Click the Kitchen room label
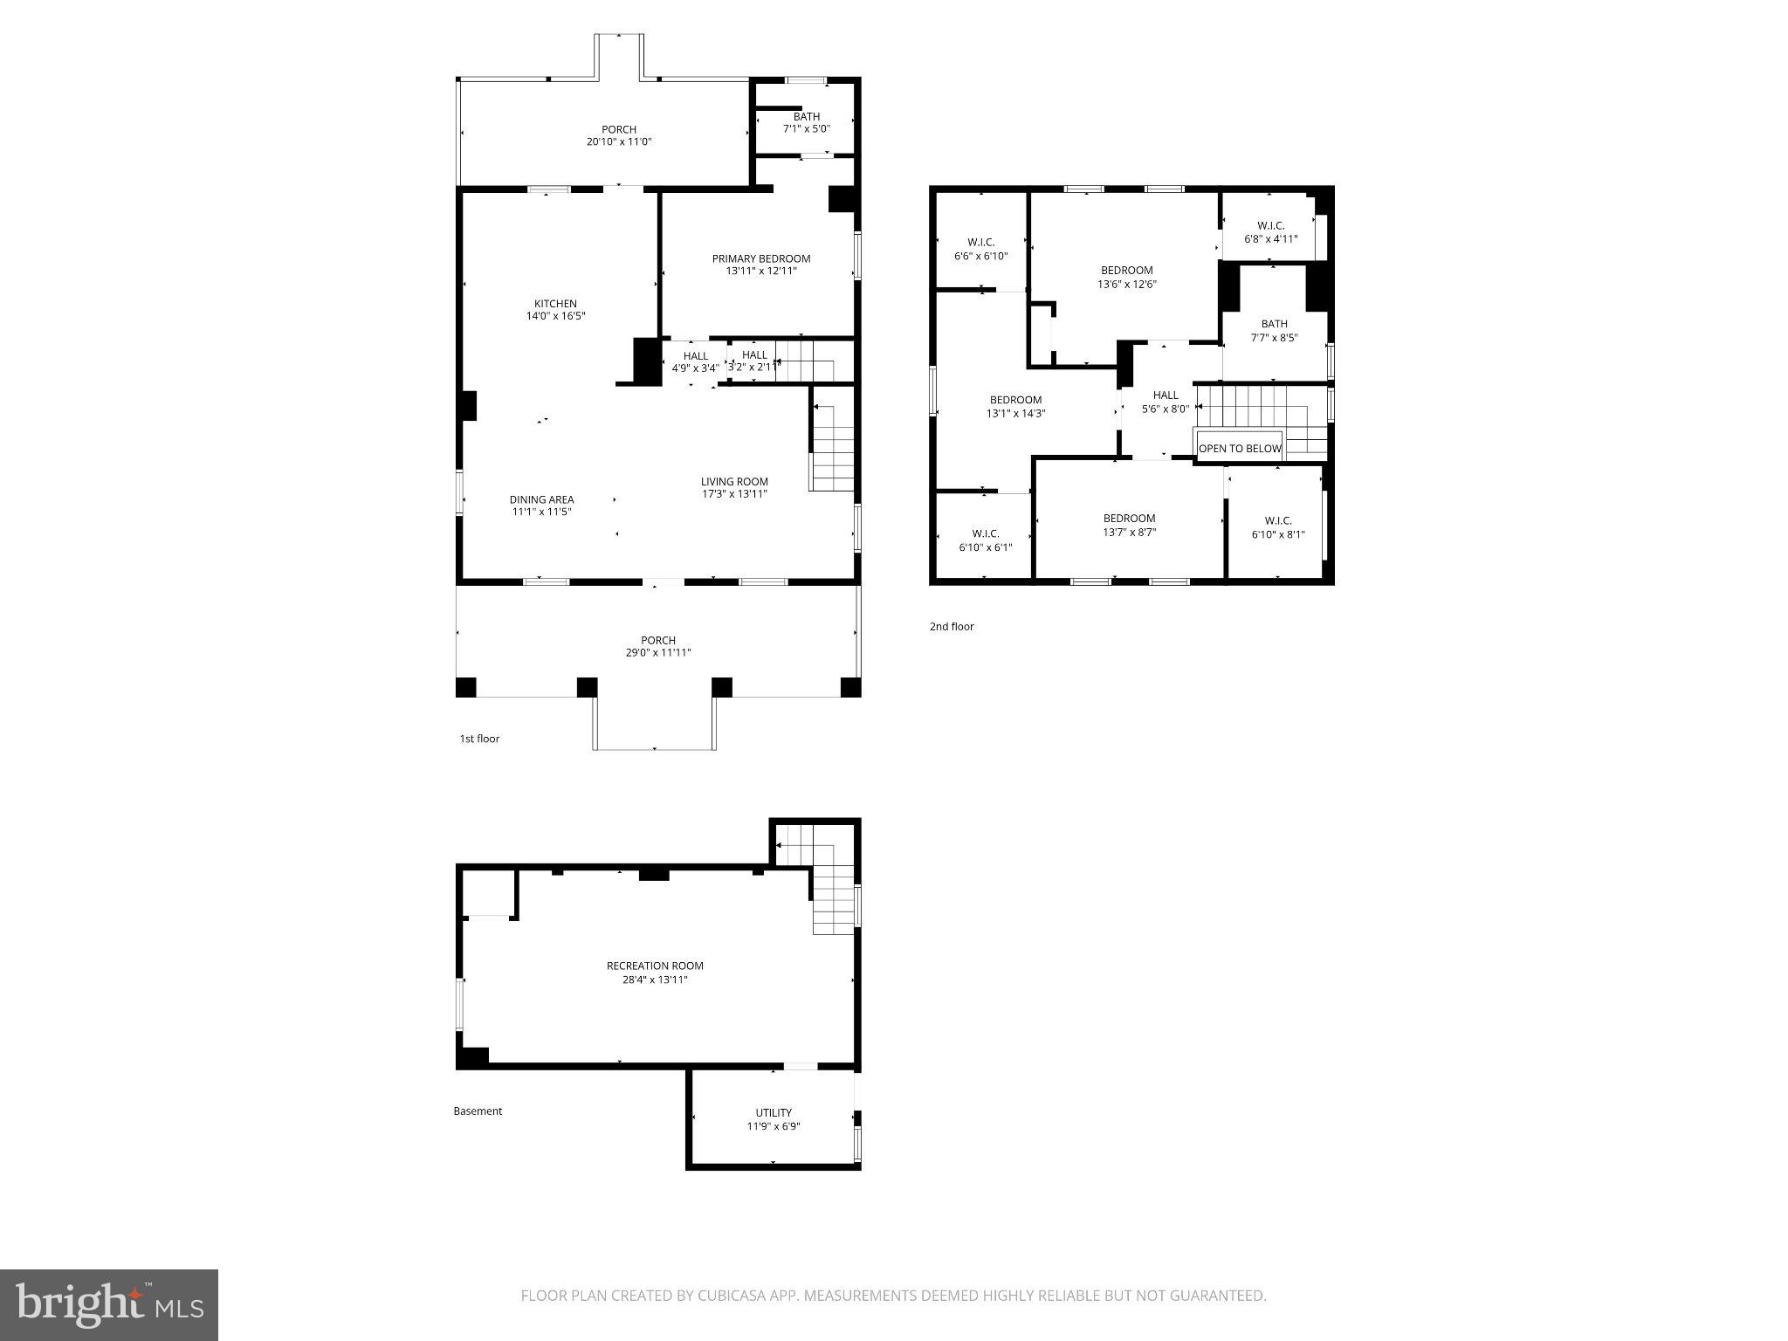coord(555,304)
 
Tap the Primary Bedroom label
coord(760,258)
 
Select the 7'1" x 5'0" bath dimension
coord(806,129)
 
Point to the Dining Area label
coord(541,499)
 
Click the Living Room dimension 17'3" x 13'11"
coord(734,494)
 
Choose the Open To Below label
coord(1239,449)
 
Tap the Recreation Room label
coord(655,966)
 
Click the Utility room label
coord(774,1112)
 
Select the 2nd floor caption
coord(951,627)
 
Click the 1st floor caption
coord(479,739)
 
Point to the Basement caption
coord(478,1111)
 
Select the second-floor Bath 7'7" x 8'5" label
coord(1274,324)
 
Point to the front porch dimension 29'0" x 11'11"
coord(657,653)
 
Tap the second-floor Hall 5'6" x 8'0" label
coord(1165,395)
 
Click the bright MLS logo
coord(108,1304)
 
